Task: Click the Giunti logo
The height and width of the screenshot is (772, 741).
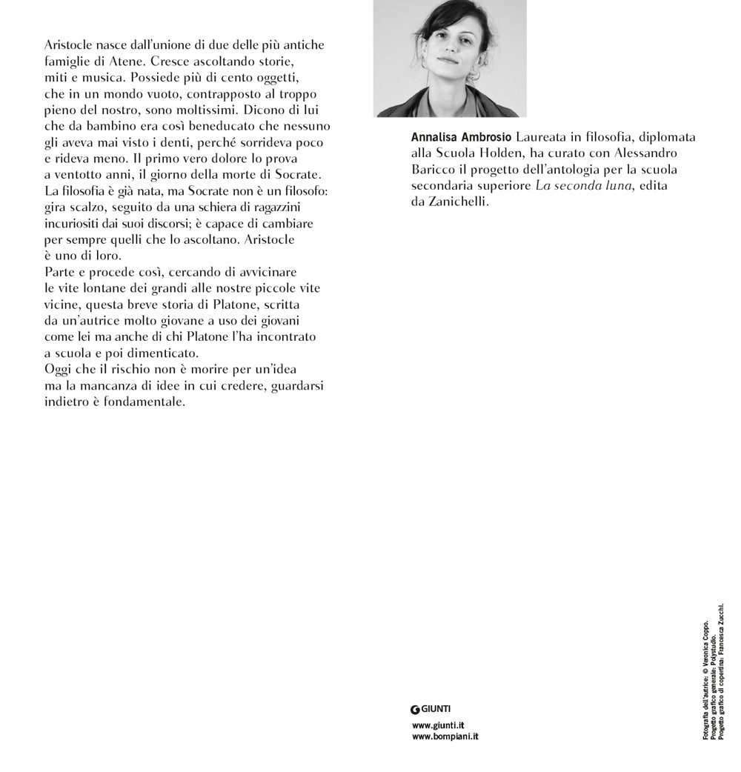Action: (x=431, y=709)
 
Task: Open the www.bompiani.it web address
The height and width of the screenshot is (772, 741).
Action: (x=445, y=737)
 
